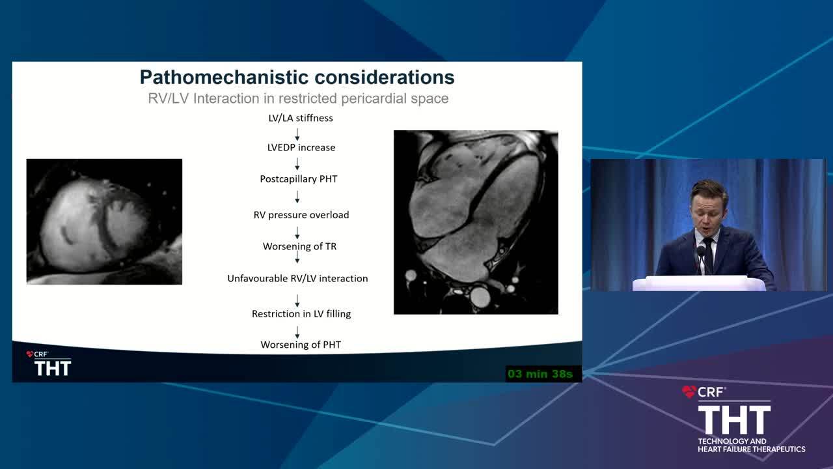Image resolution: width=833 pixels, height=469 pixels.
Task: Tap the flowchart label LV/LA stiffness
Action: click(301, 118)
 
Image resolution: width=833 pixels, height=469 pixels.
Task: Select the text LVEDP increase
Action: click(301, 147)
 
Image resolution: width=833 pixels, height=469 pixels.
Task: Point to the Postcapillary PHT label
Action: click(299, 179)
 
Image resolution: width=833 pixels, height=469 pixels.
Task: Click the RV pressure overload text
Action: click(301, 215)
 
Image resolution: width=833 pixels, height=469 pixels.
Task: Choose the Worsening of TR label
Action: click(300, 246)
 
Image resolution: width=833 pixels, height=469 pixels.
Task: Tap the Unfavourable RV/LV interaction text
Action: click(297, 278)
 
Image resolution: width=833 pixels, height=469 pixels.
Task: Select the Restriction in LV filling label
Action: click(301, 314)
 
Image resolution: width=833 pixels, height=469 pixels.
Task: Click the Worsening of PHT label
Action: click(301, 345)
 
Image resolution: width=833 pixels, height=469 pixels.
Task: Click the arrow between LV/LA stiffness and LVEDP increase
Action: click(297, 134)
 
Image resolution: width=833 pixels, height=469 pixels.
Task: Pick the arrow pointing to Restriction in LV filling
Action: click(297, 301)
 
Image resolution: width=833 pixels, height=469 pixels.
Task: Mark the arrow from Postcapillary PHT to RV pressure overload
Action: click(297, 197)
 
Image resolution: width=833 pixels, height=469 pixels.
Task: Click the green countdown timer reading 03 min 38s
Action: click(540, 374)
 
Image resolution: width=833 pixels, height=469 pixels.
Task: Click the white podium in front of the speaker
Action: click(699, 283)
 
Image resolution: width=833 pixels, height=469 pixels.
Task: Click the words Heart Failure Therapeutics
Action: click(751, 449)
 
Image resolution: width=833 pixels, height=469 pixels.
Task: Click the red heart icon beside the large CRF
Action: click(689, 391)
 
